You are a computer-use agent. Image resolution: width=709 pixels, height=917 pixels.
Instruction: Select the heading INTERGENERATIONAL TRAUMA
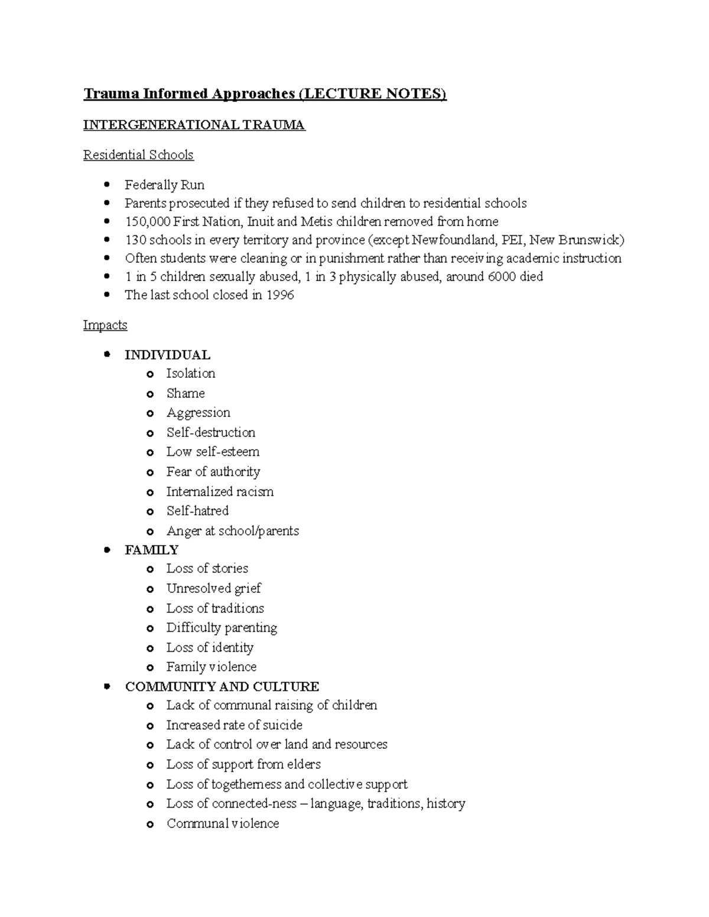(194, 125)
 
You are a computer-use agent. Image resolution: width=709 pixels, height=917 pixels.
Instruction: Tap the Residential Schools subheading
(138, 155)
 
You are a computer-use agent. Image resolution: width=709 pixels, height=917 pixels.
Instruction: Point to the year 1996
(280, 295)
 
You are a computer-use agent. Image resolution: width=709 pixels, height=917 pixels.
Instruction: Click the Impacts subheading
(105, 325)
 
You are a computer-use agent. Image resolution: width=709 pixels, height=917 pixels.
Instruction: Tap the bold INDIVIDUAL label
(167, 355)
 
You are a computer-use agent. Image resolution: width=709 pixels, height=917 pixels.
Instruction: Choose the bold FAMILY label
(151, 550)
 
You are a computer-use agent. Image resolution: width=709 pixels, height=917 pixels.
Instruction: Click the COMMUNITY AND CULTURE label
(222, 686)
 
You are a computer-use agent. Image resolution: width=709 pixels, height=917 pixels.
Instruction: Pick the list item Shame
(186, 393)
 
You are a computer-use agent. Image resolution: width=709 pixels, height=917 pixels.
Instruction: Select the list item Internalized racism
(220, 491)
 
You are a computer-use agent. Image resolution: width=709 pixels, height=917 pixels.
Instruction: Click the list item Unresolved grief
(213, 588)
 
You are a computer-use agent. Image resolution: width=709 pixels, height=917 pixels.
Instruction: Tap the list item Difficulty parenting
(222, 628)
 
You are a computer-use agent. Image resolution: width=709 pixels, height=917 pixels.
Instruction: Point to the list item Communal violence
(223, 823)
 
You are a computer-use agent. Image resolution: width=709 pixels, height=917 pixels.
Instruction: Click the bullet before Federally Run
(107, 185)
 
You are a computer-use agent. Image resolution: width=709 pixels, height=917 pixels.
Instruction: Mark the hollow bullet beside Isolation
(150, 374)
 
